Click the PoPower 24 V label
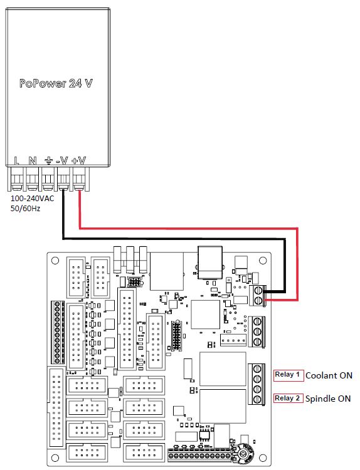pos(56,83)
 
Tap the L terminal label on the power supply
pos(16,160)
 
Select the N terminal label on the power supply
pos(33,160)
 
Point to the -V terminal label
pos(62,160)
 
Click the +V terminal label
pos(78,160)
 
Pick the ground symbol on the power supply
pos(48,160)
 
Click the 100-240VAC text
pos(33,199)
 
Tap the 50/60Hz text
pos(25,209)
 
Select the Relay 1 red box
pos(289,375)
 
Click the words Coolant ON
pos(329,375)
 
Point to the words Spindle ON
pos(328,399)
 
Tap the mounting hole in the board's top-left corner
pos(55,260)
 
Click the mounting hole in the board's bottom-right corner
pos(263,458)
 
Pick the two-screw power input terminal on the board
pos(257,296)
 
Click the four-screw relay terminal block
pos(257,384)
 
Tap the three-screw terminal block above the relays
pos(257,332)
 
